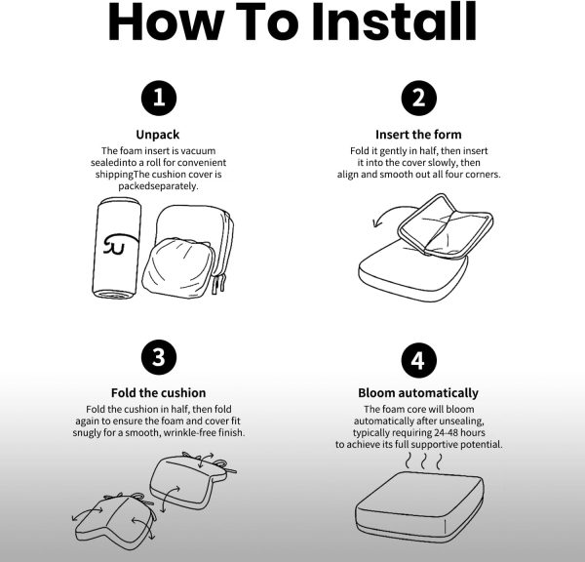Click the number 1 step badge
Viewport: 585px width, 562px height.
point(159,98)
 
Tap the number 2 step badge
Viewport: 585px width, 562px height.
point(418,98)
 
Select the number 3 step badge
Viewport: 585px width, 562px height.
point(159,357)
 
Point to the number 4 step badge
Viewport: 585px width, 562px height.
point(418,360)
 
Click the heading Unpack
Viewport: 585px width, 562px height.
point(157,135)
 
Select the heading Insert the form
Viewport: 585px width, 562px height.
point(418,134)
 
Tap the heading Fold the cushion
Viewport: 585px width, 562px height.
point(158,393)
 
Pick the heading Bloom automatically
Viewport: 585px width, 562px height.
point(418,393)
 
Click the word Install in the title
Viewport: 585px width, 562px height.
point(394,21)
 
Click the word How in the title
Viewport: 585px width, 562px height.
point(167,21)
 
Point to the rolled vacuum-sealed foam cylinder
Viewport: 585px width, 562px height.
point(116,248)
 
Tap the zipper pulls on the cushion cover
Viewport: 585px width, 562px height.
point(219,283)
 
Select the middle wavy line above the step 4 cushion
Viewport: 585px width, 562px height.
point(423,462)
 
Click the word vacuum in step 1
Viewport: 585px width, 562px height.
point(198,151)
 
